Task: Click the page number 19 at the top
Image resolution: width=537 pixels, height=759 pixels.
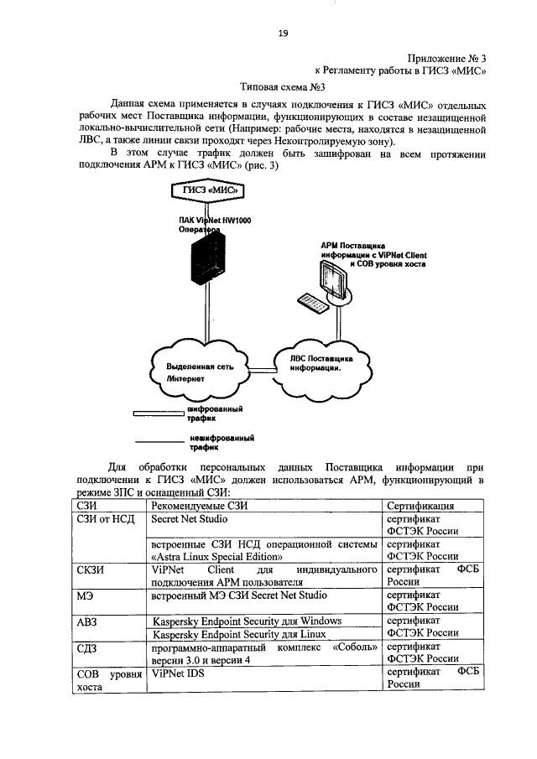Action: click(283, 33)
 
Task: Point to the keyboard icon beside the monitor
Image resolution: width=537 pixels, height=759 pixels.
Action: click(308, 303)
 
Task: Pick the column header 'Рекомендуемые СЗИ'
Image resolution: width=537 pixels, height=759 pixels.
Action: click(200, 506)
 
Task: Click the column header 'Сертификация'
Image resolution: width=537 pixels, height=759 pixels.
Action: click(420, 506)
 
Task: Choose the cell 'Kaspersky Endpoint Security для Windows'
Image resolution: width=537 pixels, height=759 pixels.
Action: click(247, 621)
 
